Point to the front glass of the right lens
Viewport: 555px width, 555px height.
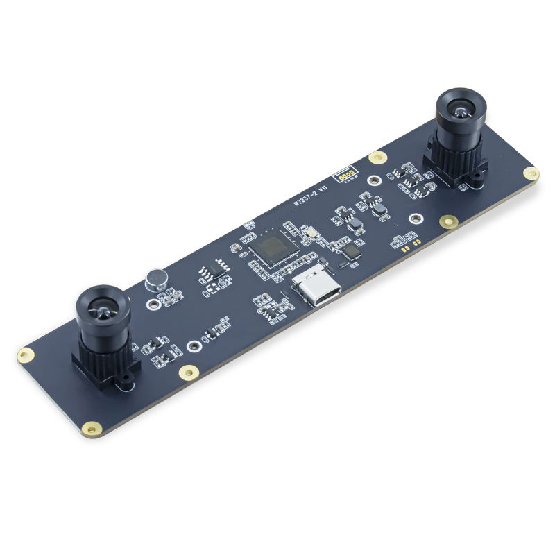(x=459, y=109)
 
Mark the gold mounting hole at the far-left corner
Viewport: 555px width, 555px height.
(x=26, y=355)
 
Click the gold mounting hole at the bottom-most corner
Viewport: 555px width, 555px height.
(x=89, y=429)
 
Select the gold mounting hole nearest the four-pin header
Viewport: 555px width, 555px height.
(x=377, y=157)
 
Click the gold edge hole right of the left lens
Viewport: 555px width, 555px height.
(x=187, y=373)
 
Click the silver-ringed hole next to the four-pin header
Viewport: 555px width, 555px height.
(x=375, y=182)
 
